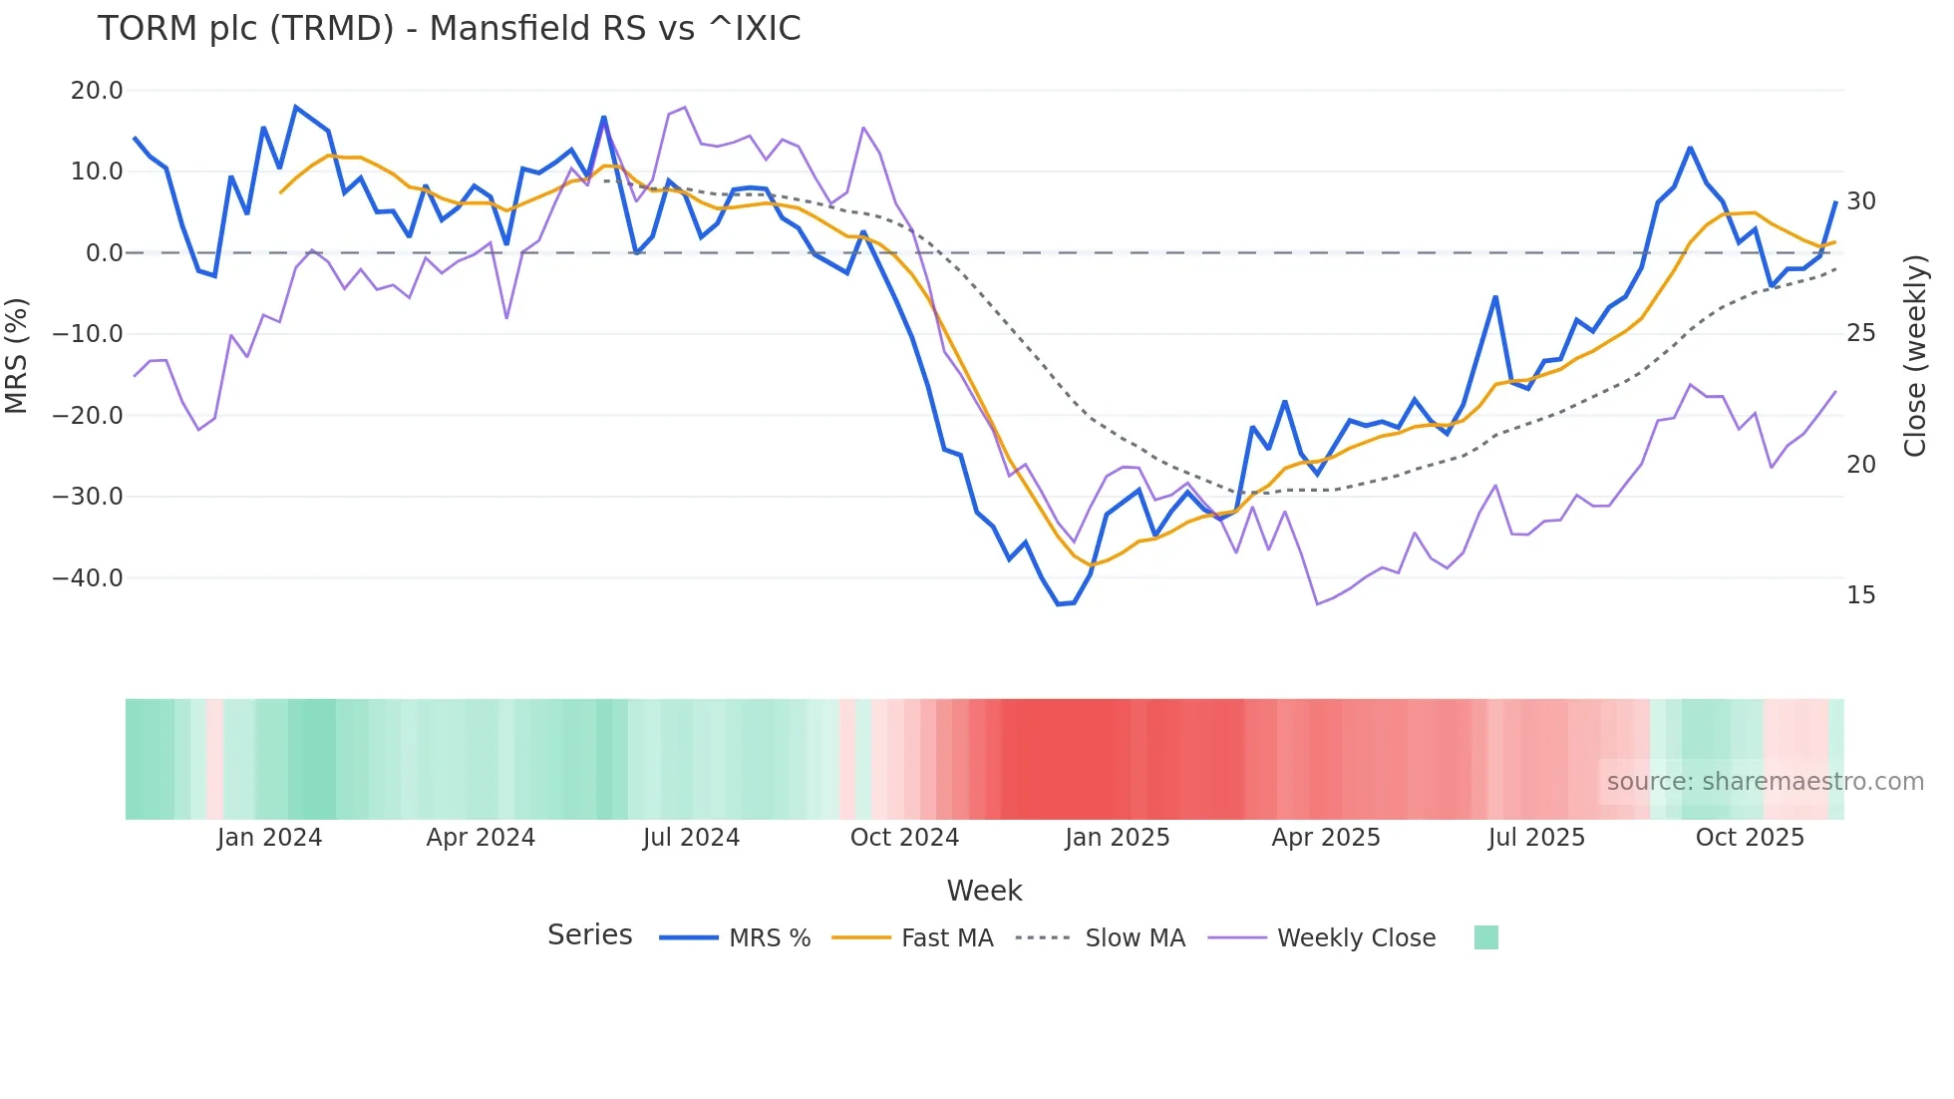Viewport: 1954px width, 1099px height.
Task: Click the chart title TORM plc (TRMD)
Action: point(449,29)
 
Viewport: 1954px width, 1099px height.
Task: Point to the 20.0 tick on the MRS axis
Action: point(97,91)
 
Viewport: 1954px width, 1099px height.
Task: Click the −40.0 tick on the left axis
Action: point(88,578)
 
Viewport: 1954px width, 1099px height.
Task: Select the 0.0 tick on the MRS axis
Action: point(104,253)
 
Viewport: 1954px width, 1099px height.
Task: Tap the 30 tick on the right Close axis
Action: point(1860,201)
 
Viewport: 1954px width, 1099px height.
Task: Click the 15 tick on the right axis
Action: point(1860,595)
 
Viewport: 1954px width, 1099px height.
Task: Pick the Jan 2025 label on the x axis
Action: point(1117,838)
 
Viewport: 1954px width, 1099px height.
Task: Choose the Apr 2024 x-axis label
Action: point(481,838)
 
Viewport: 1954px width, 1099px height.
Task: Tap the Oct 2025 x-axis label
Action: point(1750,838)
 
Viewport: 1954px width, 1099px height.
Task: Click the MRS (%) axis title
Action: point(17,355)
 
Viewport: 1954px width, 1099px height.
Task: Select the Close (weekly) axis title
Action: point(1914,356)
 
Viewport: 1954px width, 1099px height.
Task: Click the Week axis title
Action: point(984,891)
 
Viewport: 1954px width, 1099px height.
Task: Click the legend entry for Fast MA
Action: point(946,938)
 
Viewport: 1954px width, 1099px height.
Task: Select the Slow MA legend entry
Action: point(1135,938)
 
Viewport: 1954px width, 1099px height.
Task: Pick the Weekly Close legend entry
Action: point(1356,938)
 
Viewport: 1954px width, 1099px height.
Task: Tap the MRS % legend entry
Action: point(769,938)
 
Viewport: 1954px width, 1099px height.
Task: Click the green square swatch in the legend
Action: point(1485,937)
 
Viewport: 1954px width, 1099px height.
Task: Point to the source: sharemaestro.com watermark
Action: point(1765,782)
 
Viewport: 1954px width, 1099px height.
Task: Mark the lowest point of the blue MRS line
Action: point(1059,604)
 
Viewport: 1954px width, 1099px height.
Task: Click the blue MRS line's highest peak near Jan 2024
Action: point(296,107)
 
